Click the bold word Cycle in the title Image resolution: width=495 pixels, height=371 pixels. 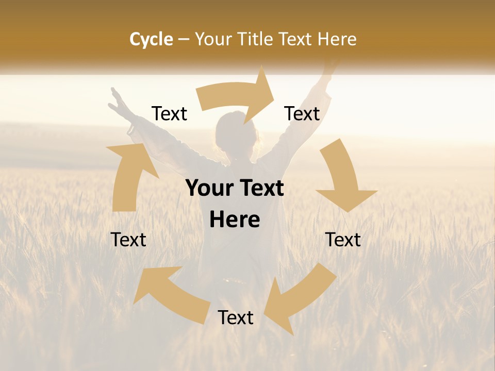pos(151,39)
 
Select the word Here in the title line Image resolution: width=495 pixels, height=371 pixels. pos(337,39)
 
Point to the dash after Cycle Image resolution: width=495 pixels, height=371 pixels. pos(184,40)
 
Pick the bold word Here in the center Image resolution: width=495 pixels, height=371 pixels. pos(235,220)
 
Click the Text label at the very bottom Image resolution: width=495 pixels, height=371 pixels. pos(236,318)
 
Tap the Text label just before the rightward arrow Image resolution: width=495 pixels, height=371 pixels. pos(170,114)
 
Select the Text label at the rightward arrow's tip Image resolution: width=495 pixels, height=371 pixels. pos(302,114)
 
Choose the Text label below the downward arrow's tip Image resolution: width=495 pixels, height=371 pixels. pos(343,240)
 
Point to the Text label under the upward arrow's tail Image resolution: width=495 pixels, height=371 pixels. pos(128,240)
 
